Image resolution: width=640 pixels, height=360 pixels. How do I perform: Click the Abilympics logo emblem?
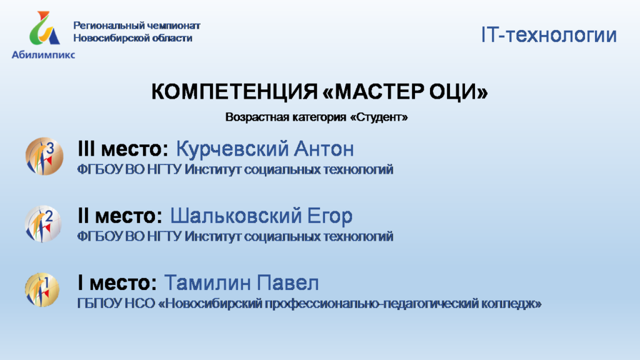[44, 27]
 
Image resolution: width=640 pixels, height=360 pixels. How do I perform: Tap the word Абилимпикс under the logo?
[43, 55]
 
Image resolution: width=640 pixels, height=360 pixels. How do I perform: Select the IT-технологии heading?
[549, 35]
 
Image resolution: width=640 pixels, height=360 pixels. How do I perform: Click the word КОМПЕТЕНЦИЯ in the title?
[234, 91]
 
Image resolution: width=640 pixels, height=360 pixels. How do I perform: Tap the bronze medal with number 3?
[44, 156]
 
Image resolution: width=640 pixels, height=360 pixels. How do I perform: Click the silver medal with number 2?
[43, 224]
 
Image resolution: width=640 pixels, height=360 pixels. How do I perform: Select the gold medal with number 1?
[42, 290]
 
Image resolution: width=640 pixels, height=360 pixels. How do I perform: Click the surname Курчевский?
[232, 149]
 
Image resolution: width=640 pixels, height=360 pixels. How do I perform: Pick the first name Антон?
[324, 149]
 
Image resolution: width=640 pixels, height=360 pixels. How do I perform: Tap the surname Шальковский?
[236, 216]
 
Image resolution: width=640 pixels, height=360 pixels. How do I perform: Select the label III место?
[123, 149]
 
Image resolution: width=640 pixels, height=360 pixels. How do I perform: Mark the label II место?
[120, 216]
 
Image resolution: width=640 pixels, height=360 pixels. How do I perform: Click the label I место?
[117, 283]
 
